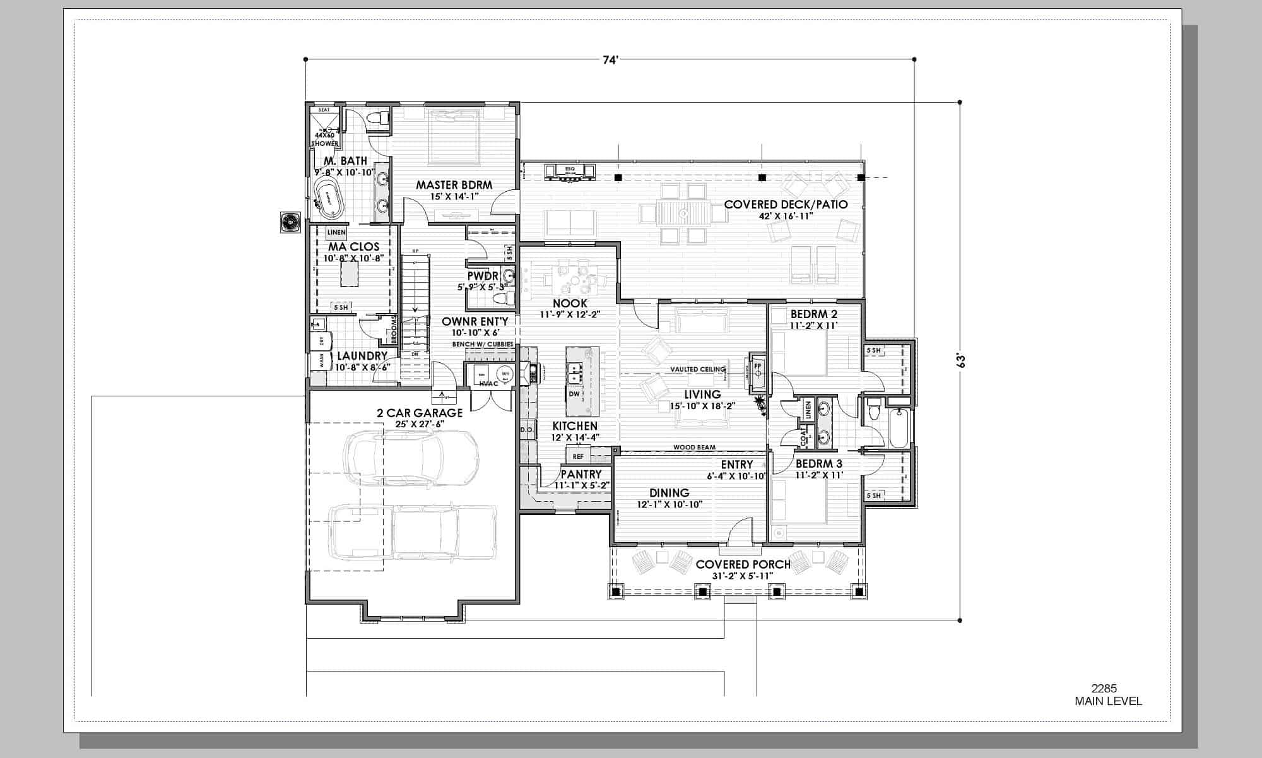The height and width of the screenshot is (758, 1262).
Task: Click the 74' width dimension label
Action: [610, 61]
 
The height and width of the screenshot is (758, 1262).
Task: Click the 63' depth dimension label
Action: [961, 361]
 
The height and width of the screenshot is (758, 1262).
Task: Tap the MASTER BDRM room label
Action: [454, 185]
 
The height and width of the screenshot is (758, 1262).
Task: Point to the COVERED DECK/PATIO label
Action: [786, 204]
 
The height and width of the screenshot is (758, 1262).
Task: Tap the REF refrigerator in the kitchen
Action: [578, 456]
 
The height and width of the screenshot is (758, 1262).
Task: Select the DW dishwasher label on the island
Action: [574, 394]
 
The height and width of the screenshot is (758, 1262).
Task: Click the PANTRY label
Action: [581, 474]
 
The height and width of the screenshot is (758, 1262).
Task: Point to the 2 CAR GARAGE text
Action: [420, 413]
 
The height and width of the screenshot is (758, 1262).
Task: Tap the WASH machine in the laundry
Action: [321, 361]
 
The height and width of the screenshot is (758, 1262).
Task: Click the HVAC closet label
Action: [488, 384]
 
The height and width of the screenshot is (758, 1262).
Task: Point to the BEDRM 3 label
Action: [818, 464]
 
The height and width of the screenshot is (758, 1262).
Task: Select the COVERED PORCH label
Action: [743, 564]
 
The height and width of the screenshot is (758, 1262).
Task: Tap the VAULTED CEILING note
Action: [697, 369]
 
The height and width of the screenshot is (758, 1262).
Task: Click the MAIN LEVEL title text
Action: [1108, 701]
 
